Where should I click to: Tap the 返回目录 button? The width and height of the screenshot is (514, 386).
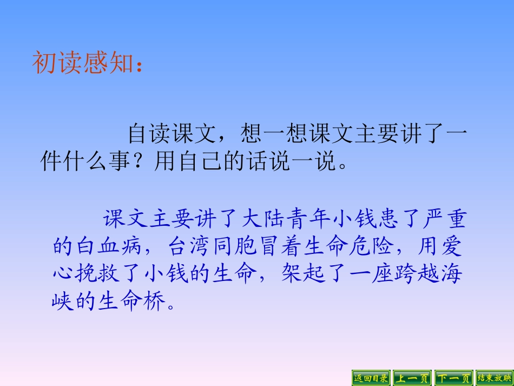371,378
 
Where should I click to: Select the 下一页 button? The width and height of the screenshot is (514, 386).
454,378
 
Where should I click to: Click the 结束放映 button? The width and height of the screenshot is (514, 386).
494,378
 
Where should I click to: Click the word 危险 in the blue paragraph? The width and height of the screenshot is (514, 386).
374,247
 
